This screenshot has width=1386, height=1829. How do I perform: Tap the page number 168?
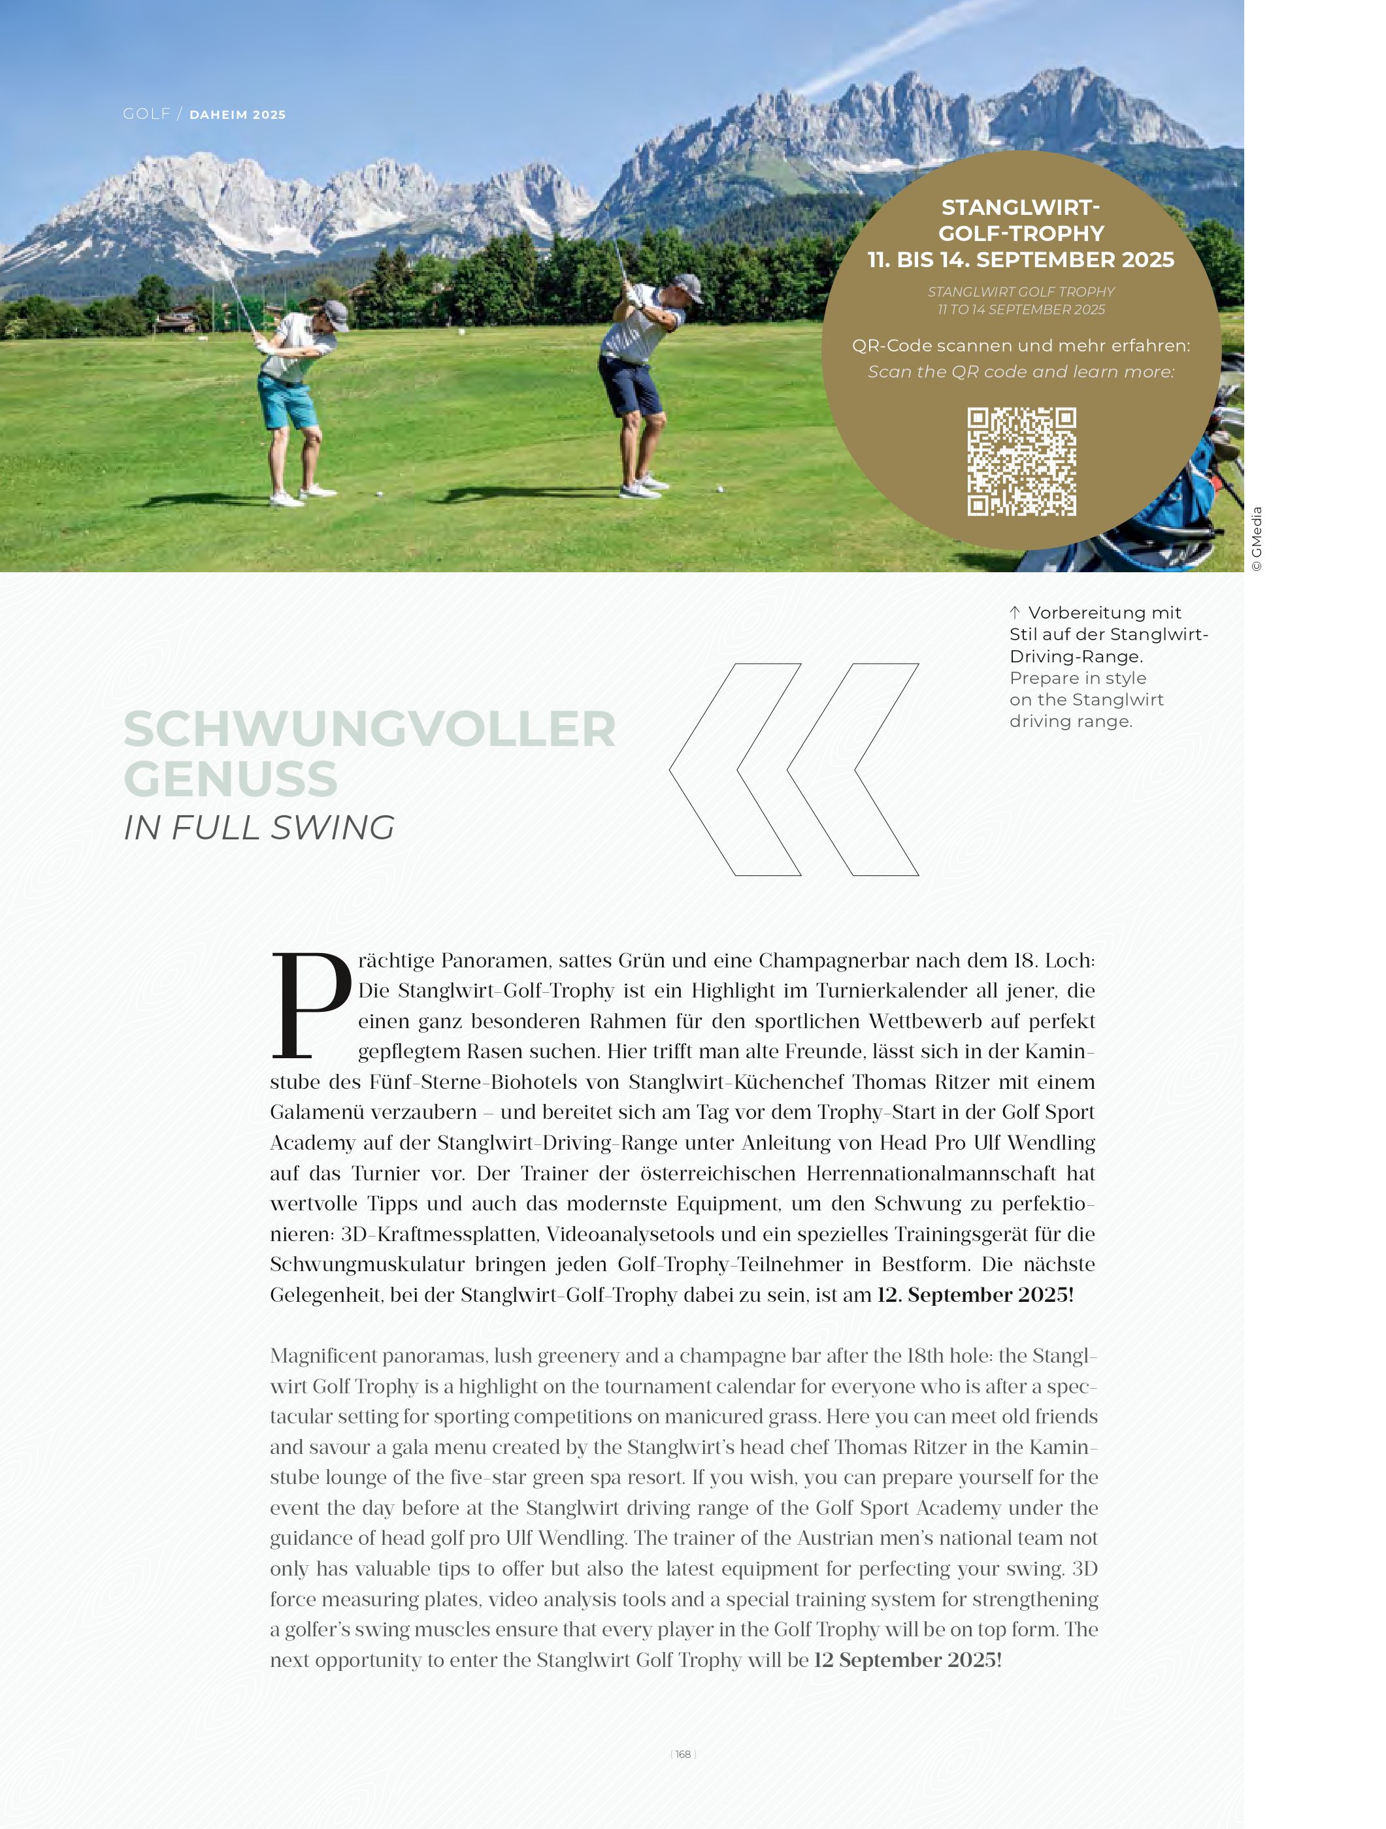[683, 1754]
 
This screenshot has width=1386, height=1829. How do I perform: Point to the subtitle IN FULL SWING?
[259, 828]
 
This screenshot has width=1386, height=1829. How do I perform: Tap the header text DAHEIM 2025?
[237, 115]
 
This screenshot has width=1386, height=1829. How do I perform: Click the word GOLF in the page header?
[146, 114]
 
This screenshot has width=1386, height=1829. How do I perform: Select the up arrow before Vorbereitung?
[1015, 613]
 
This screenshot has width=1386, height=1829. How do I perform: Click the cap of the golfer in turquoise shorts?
[336, 312]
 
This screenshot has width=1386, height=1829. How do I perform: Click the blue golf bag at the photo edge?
[1191, 496]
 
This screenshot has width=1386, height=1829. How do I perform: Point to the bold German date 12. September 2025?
[975, 1295]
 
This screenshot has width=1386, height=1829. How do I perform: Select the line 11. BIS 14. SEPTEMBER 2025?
[1021, 259]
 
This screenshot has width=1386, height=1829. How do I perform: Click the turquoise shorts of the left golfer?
[289, 402]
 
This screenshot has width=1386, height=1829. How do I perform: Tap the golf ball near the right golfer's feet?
[719, 489]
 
